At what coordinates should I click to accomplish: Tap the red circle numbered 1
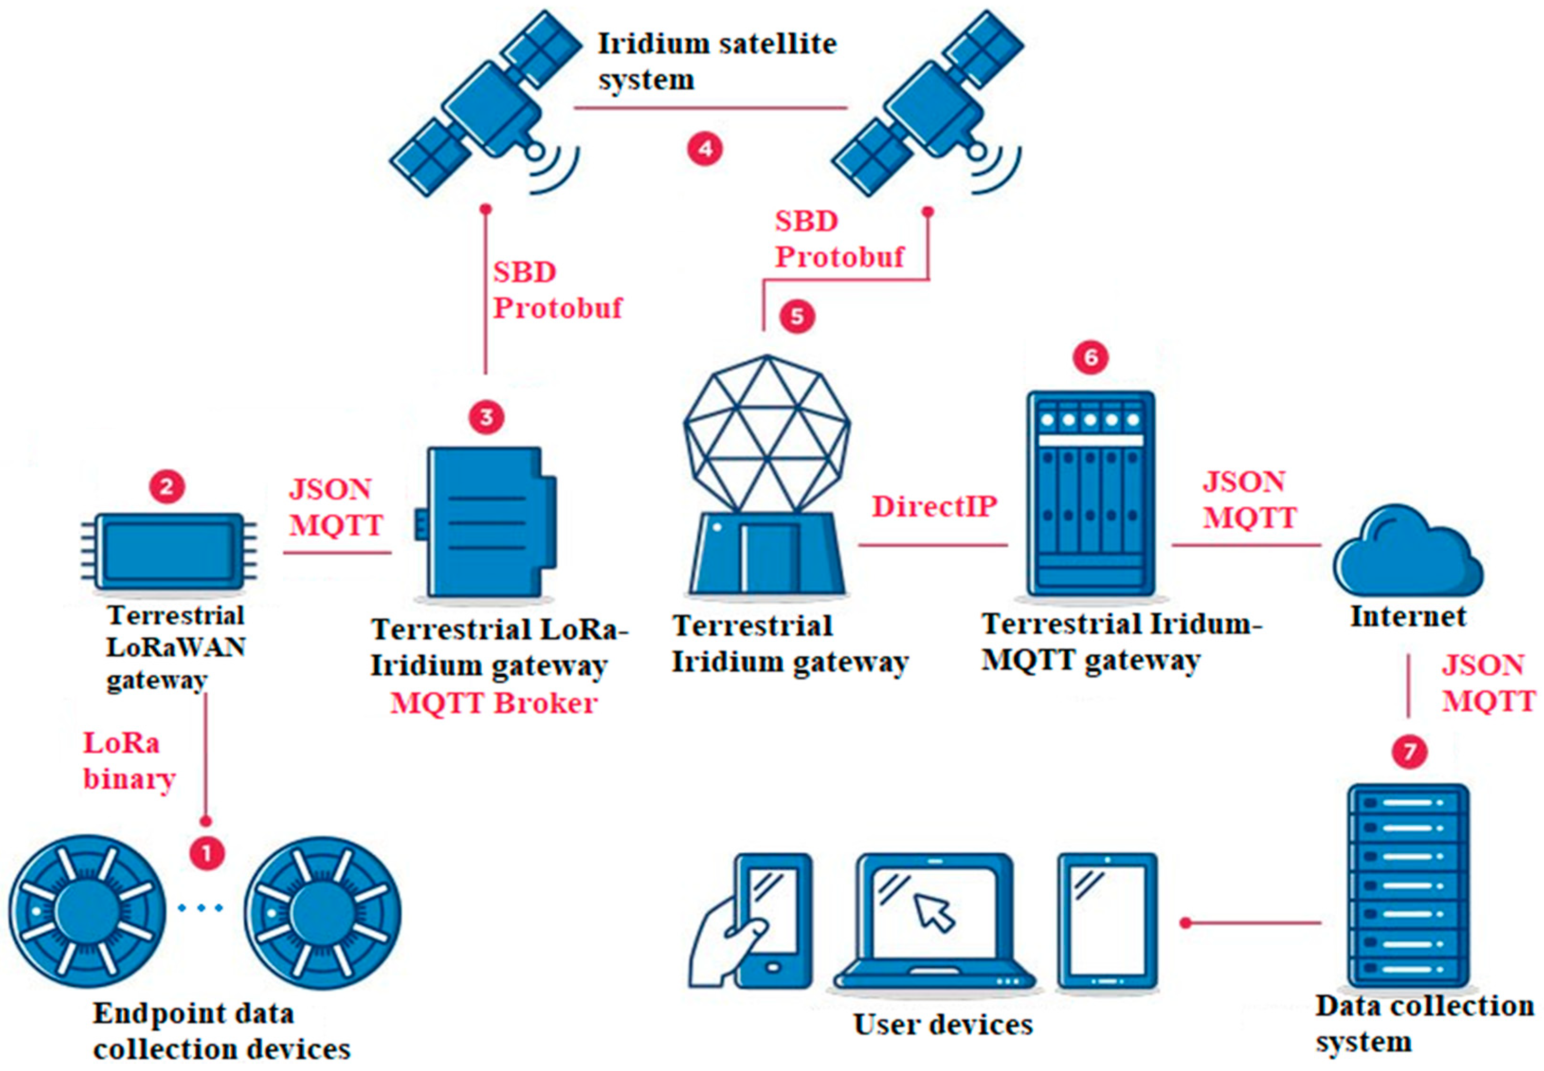207,854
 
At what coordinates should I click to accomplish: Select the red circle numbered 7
1409,751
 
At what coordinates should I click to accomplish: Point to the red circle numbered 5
797,316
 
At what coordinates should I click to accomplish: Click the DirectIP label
934,507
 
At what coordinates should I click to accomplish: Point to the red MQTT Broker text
494,703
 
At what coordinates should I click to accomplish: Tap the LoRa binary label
129,761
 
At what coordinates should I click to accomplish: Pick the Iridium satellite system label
717,62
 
